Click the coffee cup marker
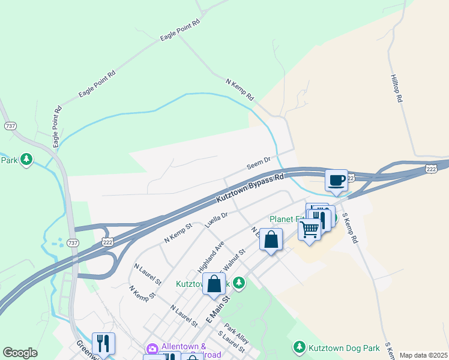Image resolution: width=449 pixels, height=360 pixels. pyautogui.click(x=337, y=180)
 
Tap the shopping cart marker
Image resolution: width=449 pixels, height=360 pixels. pyautogui.click(x=309, y=229)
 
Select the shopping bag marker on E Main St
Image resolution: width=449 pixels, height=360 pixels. pyautogui.click(x=214, y=284)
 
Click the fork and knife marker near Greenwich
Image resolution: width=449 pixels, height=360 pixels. pyautogui.click(x=103, y=343)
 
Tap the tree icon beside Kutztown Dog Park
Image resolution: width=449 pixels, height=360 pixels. pyautogui.click(x=299, y=347)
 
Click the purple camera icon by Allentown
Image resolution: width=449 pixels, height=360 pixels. pyautogui.click(x=152, y=349)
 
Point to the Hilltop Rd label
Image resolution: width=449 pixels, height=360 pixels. pyautogui.click(x=396, y=88)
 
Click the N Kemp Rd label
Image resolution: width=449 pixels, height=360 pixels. pyautogui.click(x=240, y=89)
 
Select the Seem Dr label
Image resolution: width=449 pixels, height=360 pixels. pyautogui.click(x=259, y=163)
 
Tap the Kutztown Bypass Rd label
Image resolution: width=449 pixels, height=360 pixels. pyautogui.click(x=249, y=188)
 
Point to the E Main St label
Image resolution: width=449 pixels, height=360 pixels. pyautogui.click(x=218, y=308)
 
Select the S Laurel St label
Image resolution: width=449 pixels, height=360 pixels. pyautogui.click(x=232, y=341)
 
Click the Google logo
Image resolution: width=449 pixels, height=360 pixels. pyautogui.click(x=20, y=353)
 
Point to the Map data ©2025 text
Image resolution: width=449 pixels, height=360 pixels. pyautogui.click(x=423, y=355)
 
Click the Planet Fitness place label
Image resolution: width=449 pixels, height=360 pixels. pyautogui.click(x=288, y=219)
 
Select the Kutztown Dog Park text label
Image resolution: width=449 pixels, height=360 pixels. pyautogui.click(x=345, y=347)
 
